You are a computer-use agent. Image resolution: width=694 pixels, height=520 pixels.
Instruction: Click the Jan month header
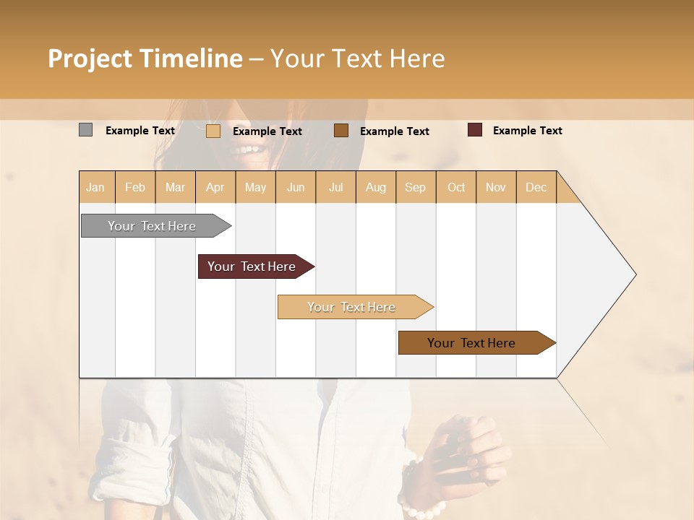pos(95,187)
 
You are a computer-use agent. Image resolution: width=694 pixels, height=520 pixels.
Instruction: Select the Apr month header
pos(215,187)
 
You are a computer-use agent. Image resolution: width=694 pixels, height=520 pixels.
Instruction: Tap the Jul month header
pos(336,187)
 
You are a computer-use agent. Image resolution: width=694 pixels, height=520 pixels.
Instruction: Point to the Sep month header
pos(415,187)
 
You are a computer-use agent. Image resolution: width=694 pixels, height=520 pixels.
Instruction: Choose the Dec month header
pos(536,187)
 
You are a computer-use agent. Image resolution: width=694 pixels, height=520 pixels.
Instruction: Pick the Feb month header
pos(135,187)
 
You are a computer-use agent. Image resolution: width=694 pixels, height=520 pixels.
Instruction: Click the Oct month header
pos(456,187)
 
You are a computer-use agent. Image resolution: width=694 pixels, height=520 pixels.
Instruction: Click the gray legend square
pos(85,130)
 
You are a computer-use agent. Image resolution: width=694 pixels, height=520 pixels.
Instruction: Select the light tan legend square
pos(213,131)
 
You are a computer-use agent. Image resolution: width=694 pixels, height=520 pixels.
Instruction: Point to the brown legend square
pos(341,130)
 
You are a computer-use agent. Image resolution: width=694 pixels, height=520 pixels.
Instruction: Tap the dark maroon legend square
pos(474,130)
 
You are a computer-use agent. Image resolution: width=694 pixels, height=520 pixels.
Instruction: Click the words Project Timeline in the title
pos(145,58)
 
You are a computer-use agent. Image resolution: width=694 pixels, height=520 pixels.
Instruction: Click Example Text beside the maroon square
pos(527,130)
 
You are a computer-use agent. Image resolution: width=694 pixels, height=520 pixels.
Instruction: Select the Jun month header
pos(296,187)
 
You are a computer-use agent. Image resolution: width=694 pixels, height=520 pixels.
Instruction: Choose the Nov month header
pos(496,187)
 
